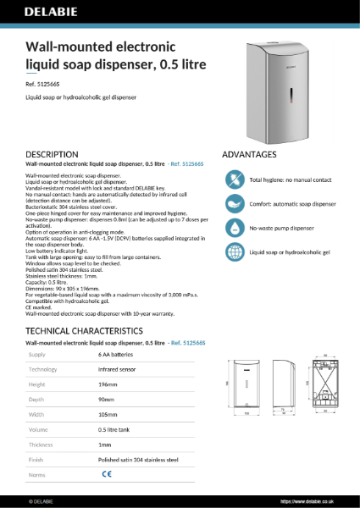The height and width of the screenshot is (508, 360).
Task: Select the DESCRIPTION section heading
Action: click(53, 154)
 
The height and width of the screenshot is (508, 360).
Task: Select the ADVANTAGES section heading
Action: click(249, 155)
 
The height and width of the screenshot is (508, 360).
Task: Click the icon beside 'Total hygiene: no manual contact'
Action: click(233, 180)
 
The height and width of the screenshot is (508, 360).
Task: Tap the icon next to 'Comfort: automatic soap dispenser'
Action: click(233, 204)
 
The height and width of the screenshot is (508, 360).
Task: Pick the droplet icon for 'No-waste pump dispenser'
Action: click(233, 228)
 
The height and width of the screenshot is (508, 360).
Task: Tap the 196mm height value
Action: click(108, 385)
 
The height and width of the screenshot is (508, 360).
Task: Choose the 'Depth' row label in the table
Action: click(38, 400)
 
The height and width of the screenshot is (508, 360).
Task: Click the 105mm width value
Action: click(108, 415)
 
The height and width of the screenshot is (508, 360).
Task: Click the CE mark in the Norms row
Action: click(107, 475)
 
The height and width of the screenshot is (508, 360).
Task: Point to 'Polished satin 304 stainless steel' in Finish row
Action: click(138, 460)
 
